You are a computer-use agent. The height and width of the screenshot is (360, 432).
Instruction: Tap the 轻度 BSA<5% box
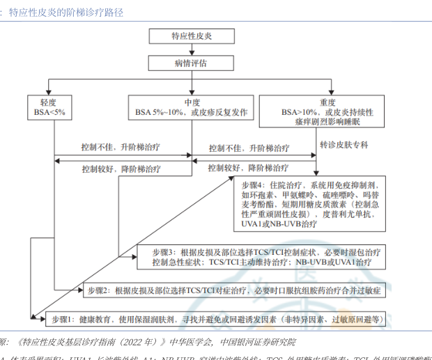point(49,107)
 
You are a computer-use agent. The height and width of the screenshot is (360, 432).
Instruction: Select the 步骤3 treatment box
point(268,258)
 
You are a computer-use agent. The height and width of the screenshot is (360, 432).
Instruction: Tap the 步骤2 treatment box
point(234,289)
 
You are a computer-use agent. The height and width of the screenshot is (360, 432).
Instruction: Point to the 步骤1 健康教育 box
point(217,320)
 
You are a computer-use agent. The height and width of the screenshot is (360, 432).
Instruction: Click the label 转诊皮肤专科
point(344,146)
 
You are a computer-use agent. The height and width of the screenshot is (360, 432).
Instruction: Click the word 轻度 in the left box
point(49,101)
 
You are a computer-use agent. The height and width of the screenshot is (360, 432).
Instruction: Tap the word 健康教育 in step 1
point(98,320)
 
